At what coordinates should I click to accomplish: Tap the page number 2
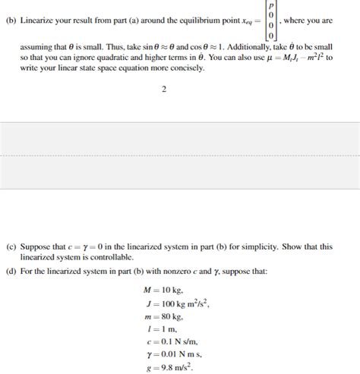click(x=164, y=90)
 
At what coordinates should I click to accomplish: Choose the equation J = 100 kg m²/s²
click(x=174, y=303)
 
